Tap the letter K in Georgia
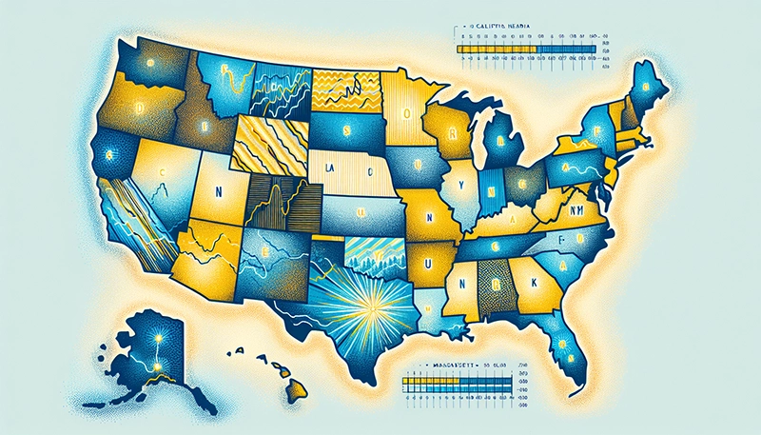[530, 282]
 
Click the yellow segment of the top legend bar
[496, 46]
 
